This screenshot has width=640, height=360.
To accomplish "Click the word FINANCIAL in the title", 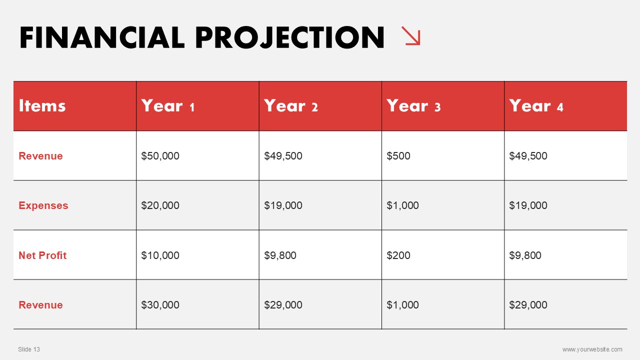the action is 102,37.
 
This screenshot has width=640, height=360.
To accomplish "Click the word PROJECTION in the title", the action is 290,37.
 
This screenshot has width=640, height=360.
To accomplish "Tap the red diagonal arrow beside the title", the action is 411,35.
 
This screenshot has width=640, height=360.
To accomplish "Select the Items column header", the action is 42,105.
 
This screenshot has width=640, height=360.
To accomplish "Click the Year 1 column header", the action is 168,105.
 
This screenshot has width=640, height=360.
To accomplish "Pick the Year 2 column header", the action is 291,105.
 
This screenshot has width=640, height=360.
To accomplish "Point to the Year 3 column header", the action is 413,105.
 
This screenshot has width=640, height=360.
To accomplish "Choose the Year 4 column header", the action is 536,105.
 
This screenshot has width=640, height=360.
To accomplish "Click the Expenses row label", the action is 43,205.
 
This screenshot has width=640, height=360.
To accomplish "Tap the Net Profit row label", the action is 42,255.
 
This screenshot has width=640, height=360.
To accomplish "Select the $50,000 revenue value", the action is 160,156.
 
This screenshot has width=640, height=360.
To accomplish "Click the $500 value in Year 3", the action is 398,156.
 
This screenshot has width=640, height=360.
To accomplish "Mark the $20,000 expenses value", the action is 160,205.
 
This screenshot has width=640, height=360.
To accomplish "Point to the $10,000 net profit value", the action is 160,255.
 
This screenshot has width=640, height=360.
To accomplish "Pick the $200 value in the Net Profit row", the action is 398,255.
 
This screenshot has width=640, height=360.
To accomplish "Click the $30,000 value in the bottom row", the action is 160,305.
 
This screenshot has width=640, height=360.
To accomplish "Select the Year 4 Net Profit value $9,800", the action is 525,255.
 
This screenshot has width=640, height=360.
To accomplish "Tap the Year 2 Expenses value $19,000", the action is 283,205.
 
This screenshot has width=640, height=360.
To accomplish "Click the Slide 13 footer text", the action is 29,349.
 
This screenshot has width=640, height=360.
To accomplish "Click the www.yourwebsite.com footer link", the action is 592,349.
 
